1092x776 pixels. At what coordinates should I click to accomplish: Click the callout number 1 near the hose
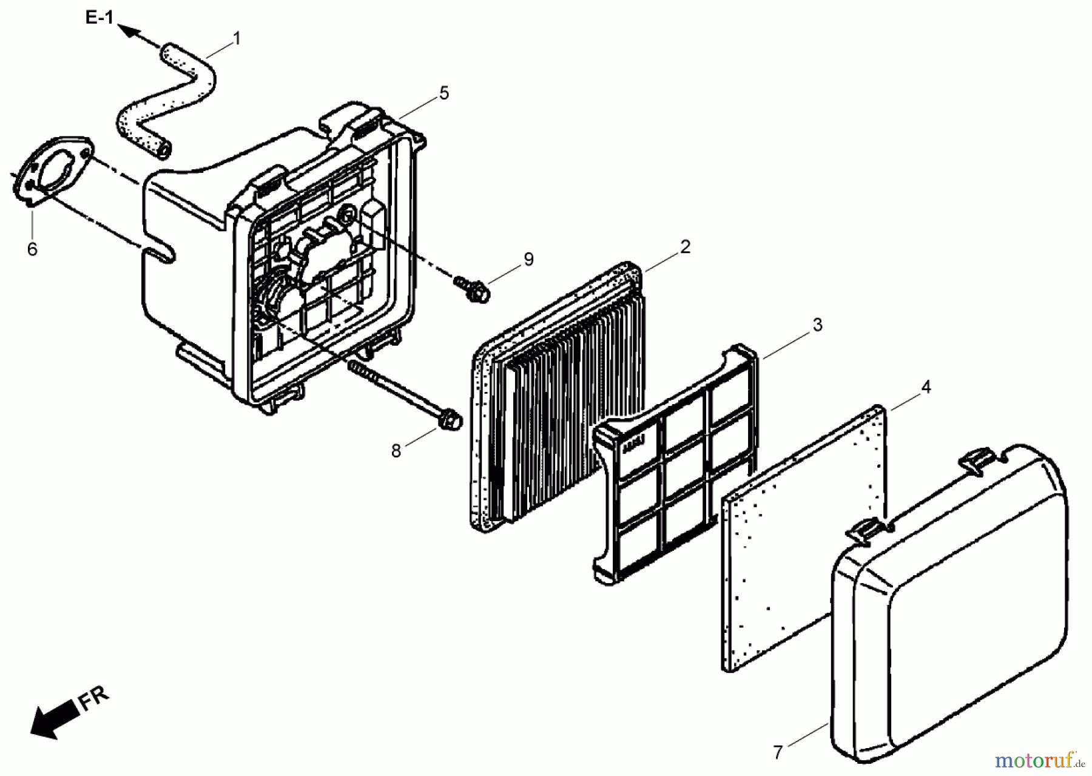pos(237,38)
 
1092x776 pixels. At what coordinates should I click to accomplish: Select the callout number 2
pos(685,247)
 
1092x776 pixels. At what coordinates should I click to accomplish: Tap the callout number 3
pos(818,325)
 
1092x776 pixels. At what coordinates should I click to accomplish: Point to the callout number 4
pos(926,386)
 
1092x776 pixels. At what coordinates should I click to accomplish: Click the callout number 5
pos(445,93)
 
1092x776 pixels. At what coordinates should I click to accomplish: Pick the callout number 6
pos(32,249)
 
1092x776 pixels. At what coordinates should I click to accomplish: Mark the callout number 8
pos(396,451)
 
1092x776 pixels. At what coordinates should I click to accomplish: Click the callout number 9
pos(529,259)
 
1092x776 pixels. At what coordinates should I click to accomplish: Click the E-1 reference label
pos(99,18)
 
